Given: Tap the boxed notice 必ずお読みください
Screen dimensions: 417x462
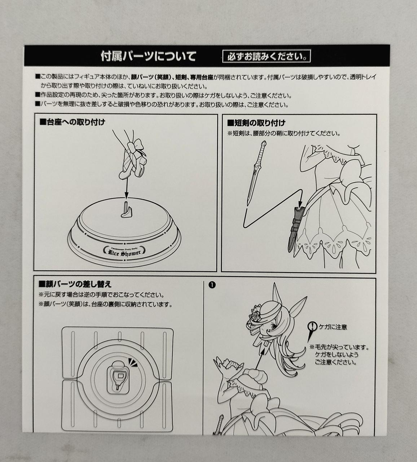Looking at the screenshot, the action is (267, 56).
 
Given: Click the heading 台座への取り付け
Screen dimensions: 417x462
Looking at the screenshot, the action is (72, 122).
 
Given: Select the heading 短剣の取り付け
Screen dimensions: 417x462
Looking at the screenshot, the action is (256, 123).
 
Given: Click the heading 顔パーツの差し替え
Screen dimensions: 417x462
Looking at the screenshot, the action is (75, 284).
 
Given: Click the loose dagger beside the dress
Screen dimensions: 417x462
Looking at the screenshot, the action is (256, 173).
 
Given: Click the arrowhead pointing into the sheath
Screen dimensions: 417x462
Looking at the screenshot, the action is (299, 204).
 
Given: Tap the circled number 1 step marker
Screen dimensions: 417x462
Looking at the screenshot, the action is (212, 285).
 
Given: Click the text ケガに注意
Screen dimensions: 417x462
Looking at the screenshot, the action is (333, 327).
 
